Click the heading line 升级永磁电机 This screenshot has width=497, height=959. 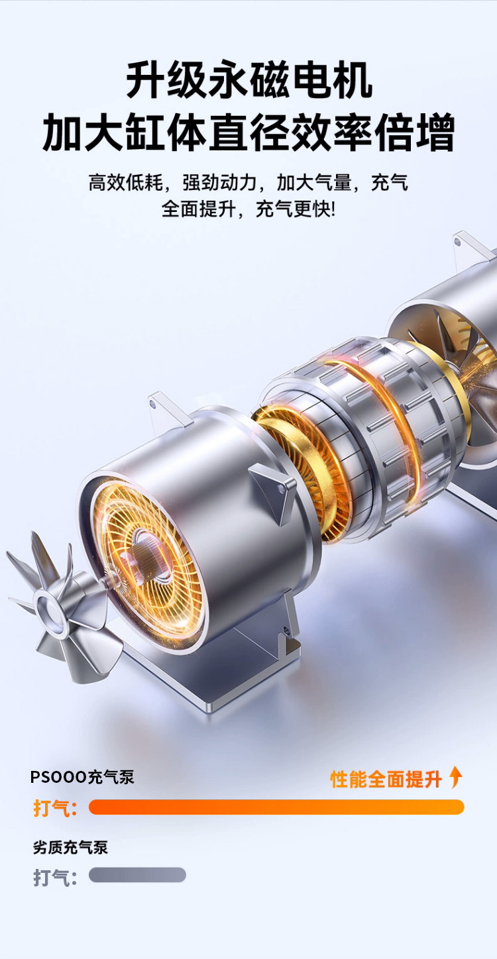pos(249,80)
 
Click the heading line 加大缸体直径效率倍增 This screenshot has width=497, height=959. pos(248,132)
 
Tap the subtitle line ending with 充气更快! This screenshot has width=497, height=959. pos(248,209)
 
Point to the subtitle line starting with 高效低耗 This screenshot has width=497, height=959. pos(248,183)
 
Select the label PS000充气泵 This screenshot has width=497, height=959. pos(82,777)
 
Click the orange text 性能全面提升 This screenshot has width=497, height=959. pos(386,779)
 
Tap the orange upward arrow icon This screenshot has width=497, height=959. pos(455,778)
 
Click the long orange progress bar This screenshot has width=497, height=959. pos(276,807)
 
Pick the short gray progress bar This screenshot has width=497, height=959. pos(137,875)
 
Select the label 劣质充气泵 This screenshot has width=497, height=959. pos(70,847)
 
